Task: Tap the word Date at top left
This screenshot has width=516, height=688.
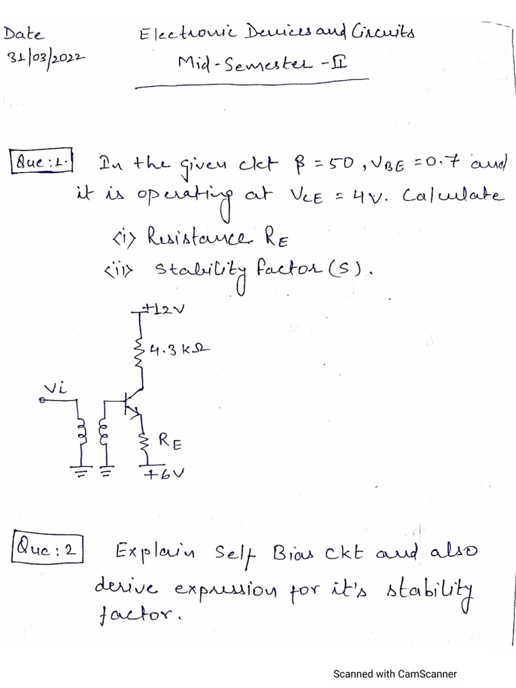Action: [25, 33]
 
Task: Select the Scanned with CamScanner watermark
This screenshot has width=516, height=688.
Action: [395, 673]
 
